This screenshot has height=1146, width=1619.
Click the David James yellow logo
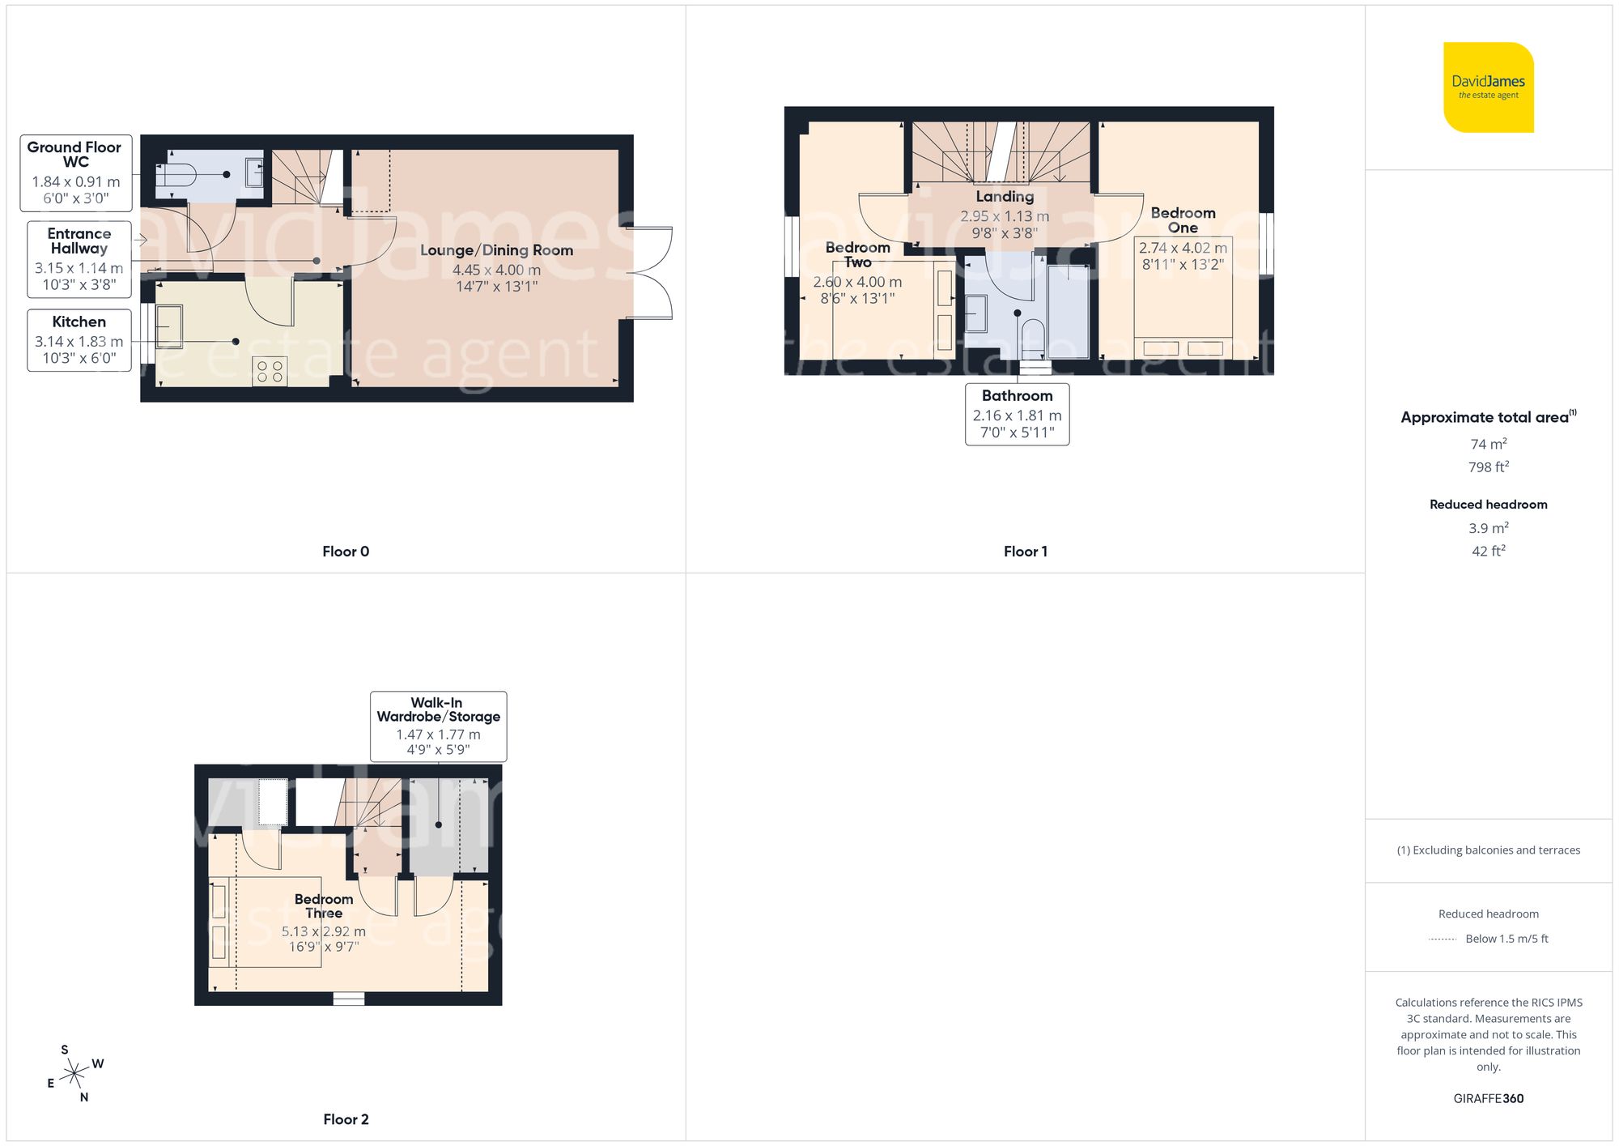tap(1488, 87)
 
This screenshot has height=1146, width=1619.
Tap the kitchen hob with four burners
tap(270, 372)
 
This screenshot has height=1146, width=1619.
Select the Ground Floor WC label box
tap(75, 173)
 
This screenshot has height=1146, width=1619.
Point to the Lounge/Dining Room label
tap(496, 250)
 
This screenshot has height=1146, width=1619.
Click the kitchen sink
tap(169, 326)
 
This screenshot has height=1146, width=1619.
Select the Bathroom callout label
tap(1017, 414)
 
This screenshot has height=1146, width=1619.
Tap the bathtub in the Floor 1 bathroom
tap(1068, 311)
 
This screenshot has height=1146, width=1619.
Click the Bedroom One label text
tap(1183, 219)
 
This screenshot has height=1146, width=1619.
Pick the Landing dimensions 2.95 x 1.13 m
tap(1005, 216)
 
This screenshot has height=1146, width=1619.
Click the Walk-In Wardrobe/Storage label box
tap(438, 726)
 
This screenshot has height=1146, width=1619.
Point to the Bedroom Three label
tap(324, 905)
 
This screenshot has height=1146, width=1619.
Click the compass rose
tap(74, 1074)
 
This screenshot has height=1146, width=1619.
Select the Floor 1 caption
tap(1025, 552)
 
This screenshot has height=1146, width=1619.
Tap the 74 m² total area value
tap(1488, 444)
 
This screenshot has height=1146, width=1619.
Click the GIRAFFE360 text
tap(1488, 1098)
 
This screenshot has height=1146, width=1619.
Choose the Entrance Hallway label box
tap(79, 258)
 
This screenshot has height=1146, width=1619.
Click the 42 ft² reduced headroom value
tap(1488, 551)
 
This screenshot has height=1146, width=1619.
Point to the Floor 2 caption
tap(346, 1119)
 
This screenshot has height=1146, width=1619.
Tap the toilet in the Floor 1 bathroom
tap(1033, 337)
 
